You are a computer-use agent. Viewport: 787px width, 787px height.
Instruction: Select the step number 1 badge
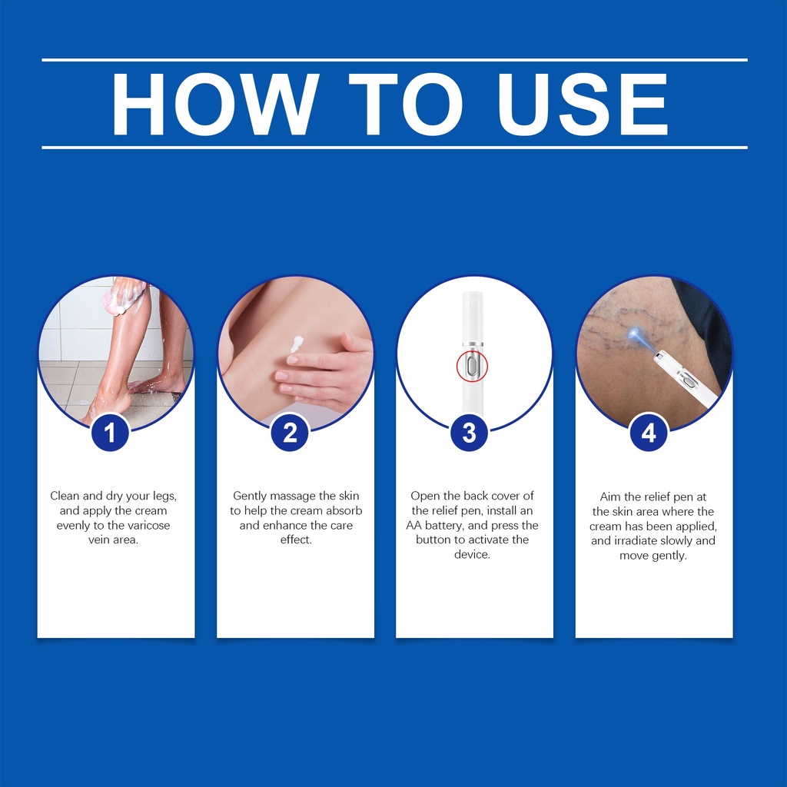pyautogui.click(x=110, y=433)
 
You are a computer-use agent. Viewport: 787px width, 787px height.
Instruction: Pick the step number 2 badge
pyautogui.click(x=290, y=433)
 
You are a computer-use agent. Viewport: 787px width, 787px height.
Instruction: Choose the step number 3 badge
pyautogui.click(x=469, y=433)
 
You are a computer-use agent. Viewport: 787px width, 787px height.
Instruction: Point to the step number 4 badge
pyautogui.click(x=649, y=433)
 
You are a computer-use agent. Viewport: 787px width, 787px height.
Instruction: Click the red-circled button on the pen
pyautogui.click(x=472, y=366)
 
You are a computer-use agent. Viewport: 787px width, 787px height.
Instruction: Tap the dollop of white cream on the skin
pyautogui.click(x=296, y=344)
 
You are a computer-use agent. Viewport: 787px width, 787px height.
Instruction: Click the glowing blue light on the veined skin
pyautogui.click(x=634, y=334)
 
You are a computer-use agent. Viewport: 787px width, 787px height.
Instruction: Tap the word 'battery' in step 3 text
pyautogui.click(x=444, y=526)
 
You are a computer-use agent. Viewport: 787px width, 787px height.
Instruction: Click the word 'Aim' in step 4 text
pyautogui.click(x=609, y=497)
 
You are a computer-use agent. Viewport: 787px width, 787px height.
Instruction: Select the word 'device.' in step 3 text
pyautogui.click(x=473, y=555)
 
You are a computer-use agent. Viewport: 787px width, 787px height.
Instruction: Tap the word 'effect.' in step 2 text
pyautogui.click(x=296, y=540)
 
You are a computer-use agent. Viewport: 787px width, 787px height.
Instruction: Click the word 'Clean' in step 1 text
pyautogui.click(x=65, y=496)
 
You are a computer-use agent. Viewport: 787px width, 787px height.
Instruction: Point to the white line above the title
pyautogui.click(x=394, y=60)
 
